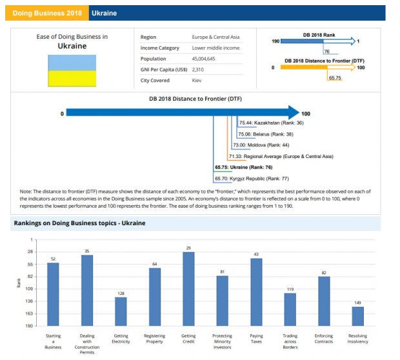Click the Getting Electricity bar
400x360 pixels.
tap(121, 311)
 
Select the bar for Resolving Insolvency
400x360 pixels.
tap(357, 316)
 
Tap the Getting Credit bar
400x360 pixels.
tap(188, 288)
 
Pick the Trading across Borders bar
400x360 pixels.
tap(290, 309)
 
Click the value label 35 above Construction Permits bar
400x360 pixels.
tap(87, 250)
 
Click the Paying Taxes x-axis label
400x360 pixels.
tap(256, 339)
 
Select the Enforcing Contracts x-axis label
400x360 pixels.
tap(324, 339)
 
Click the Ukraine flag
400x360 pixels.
tap(73, 71)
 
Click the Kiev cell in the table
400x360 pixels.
tap(197, 81)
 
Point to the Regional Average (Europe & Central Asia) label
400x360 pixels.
tap(281, 156)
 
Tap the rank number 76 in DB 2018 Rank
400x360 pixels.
tap(327, 51)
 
